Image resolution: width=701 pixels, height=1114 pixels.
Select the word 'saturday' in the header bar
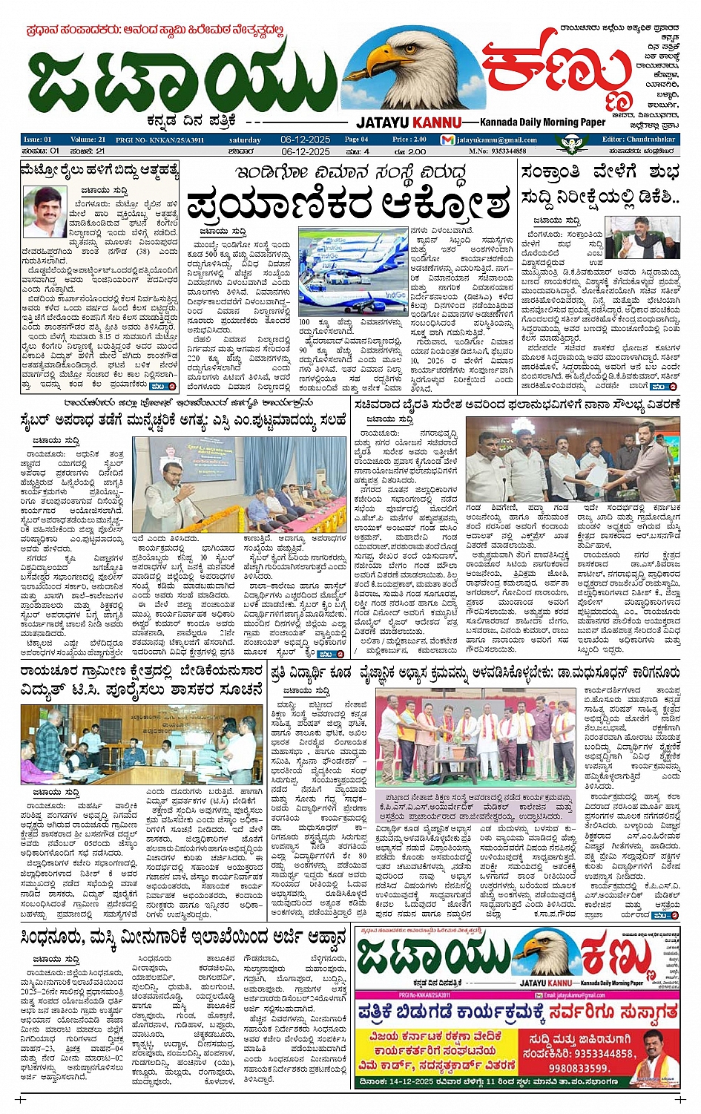[x=245, y=140]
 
